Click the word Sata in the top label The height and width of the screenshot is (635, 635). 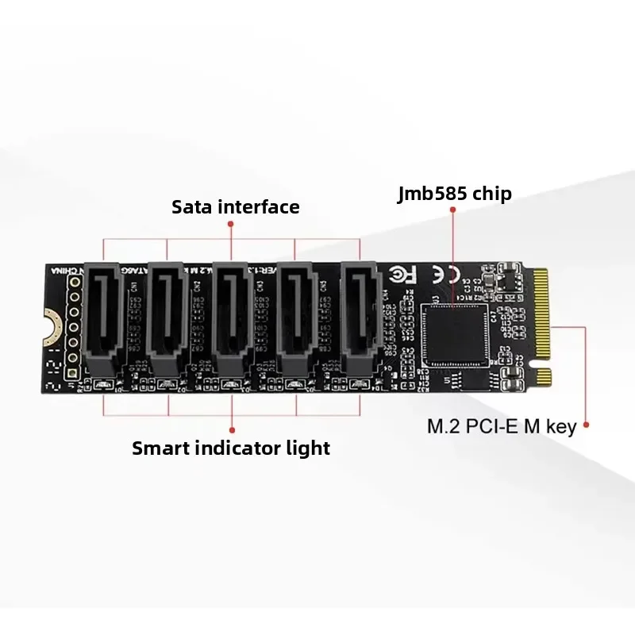pos(191,207)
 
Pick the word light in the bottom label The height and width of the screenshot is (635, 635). pos(307,448)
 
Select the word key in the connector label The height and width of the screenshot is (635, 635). pos(560,427)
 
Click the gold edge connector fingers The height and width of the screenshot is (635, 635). pos(541,317)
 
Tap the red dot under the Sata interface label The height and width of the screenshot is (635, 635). pos(231,224)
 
